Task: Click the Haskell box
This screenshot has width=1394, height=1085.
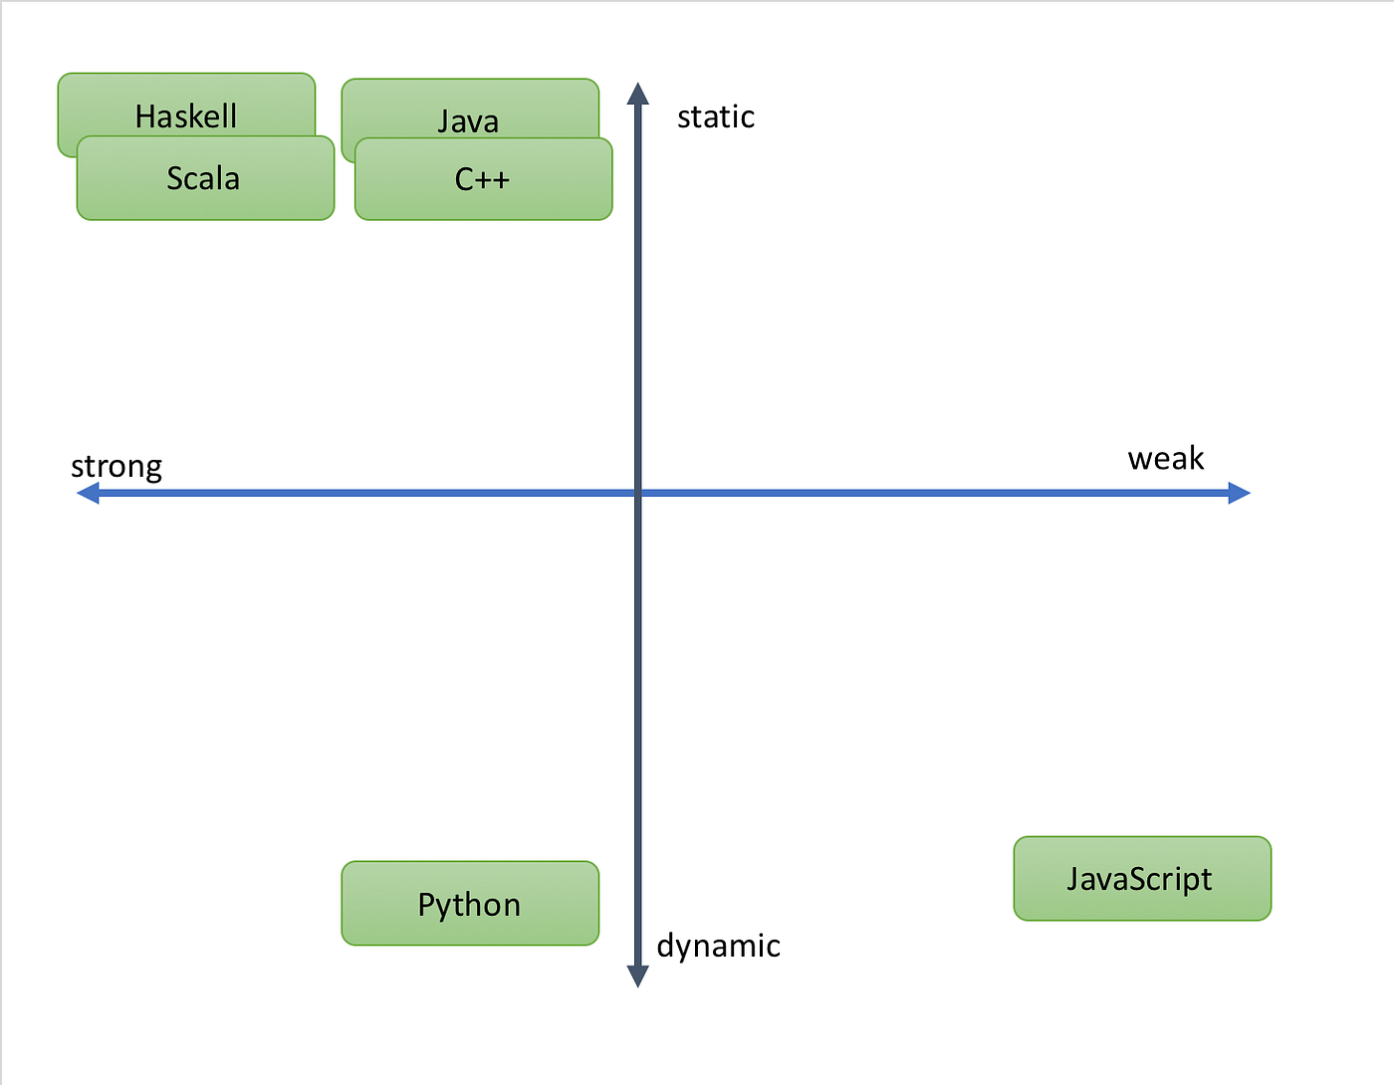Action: [186, 105]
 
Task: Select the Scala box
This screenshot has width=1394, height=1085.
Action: [205, 179]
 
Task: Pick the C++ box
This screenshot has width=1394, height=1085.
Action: [483, 179]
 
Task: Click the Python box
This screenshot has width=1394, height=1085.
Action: [470, 904]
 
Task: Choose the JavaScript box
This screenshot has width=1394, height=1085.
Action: [1142, 879]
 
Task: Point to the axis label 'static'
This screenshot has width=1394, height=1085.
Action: [716, 117]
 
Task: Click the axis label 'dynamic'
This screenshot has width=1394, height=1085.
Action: [718, 946]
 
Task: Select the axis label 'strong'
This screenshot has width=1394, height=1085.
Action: [116, 467]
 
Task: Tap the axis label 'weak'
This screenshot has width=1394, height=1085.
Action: [1166, 459]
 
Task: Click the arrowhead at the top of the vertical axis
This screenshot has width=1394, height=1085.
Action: [638, 94]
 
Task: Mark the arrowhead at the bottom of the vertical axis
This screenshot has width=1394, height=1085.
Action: [638, 976]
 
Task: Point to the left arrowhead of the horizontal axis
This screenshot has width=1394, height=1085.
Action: [88, 493]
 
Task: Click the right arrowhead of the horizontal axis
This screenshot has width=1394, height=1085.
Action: [1240, 493]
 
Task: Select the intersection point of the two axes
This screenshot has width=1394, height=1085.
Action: [638, 493]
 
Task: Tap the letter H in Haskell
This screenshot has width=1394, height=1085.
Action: [145, 116]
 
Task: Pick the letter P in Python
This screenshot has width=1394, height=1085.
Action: [427, 905]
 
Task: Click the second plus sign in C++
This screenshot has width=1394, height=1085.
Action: [500, 180]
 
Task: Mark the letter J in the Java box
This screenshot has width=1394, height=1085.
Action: [444, 122]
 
